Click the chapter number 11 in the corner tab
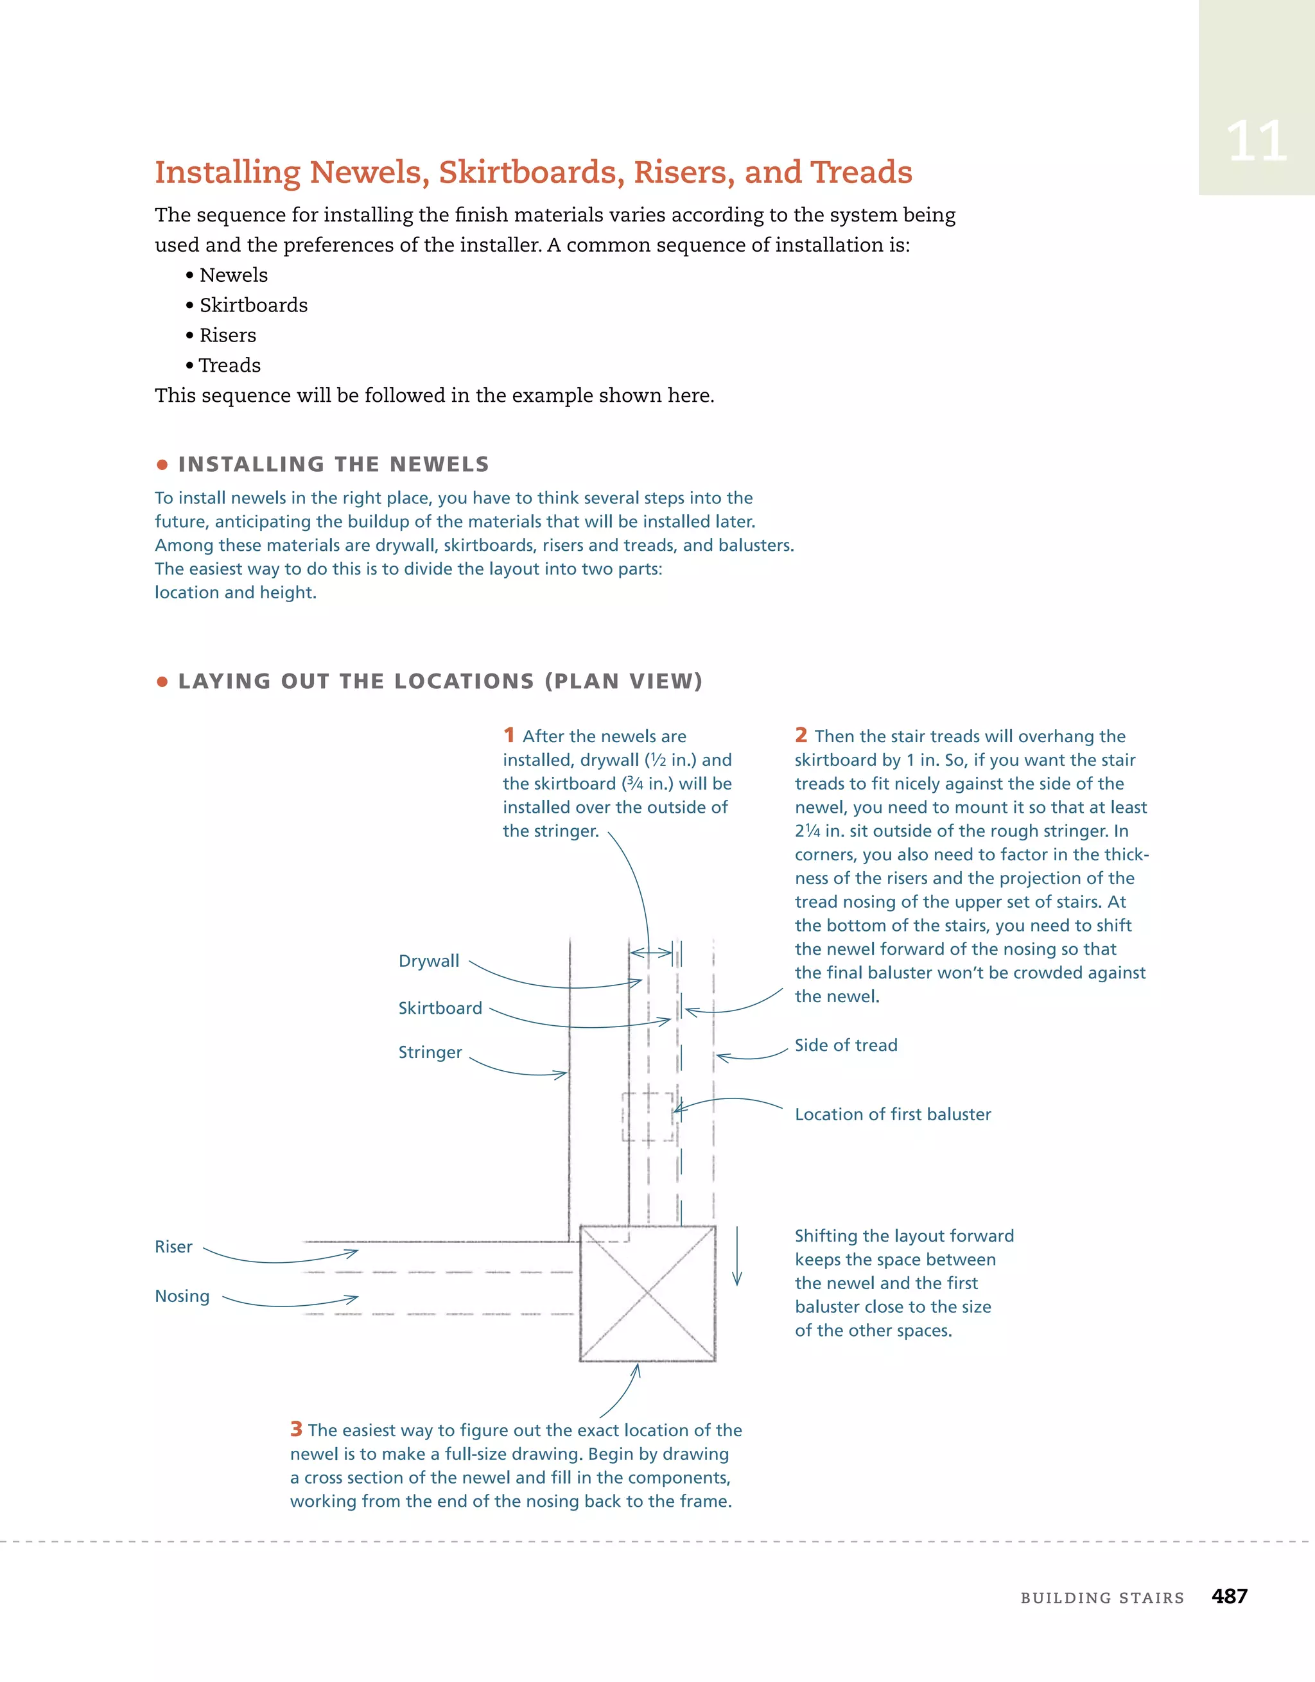(1256, 142)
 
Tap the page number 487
(1229, 1596)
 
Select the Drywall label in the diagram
(428, 960)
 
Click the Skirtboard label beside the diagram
(440, 1007)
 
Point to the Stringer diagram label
(430, 1052)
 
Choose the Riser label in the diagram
(173, 1247)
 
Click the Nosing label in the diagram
(182, 1296)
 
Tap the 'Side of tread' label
(846, 1045)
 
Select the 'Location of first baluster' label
(893, 1114)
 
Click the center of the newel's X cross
(647, 1293)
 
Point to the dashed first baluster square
(648, 1116)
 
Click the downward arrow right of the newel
(737, 1255)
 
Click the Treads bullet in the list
(230, 365)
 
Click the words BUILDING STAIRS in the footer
(1102, 1598)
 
